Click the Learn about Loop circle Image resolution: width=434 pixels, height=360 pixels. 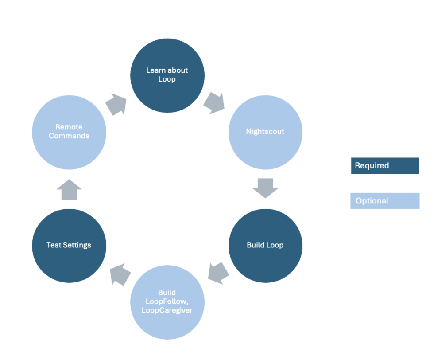167,75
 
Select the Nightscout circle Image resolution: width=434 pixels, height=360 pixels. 265,132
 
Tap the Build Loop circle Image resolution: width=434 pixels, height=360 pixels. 265,245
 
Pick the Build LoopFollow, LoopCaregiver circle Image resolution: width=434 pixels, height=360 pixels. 167,302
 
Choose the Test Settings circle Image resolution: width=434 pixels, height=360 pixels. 69,245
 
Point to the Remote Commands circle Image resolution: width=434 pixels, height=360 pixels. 69,132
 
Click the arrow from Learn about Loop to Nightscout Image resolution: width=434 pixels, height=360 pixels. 214,103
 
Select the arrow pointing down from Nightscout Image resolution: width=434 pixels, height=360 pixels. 265,188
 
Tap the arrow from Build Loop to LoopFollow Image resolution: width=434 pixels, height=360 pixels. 217,272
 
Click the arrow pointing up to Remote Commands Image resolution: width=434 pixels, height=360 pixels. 69,189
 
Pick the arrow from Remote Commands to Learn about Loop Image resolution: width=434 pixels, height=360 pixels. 116,105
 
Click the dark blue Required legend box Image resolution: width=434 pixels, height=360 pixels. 385,166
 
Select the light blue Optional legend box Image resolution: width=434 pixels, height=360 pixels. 385,201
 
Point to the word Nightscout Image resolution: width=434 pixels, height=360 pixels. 265,132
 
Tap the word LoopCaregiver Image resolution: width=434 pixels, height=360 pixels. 167,310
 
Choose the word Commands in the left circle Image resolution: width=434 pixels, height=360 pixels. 69,136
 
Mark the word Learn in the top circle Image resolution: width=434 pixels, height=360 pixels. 155,70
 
